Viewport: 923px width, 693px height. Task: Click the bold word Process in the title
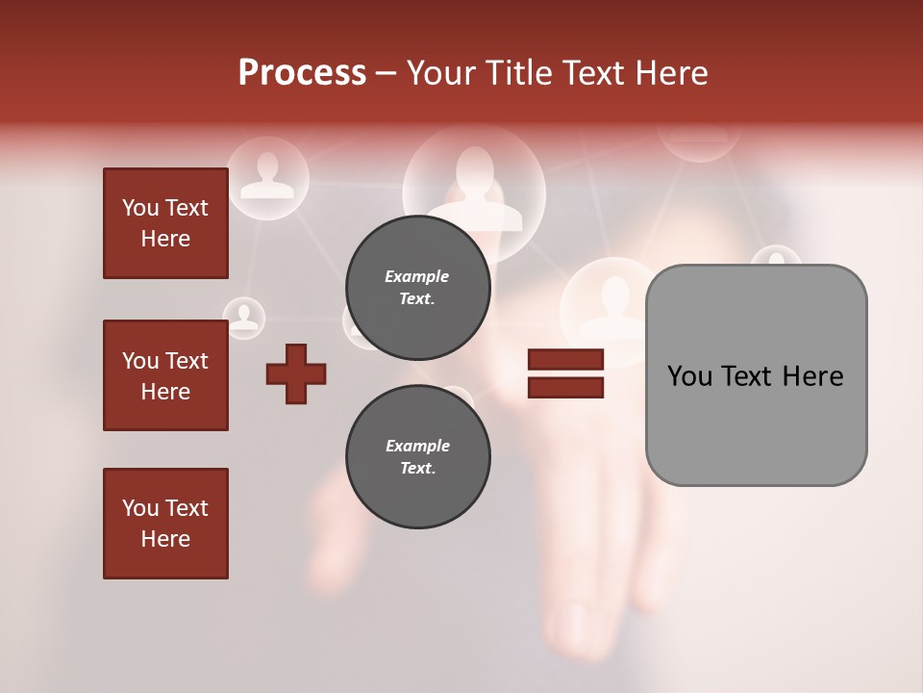click(302, 72)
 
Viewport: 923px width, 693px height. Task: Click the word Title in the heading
click(520, 72)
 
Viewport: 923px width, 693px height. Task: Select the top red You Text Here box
click(165, 223)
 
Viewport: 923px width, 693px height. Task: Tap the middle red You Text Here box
click(165, 375)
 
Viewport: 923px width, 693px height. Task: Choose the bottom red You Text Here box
click(165, 523)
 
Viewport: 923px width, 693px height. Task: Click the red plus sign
click(296, 373)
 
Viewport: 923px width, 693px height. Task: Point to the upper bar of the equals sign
click(565, 360)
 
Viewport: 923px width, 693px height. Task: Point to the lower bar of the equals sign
click(565, 387)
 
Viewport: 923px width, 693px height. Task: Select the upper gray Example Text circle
click(417, 287)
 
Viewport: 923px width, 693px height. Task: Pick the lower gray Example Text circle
click(417, 456)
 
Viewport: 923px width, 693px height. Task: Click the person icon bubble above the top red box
click(266, 175)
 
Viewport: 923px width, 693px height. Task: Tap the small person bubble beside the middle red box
click(244, 317)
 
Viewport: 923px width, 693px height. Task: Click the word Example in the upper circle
click(417, 276)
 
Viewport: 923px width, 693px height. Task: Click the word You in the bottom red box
click(139, 507)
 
